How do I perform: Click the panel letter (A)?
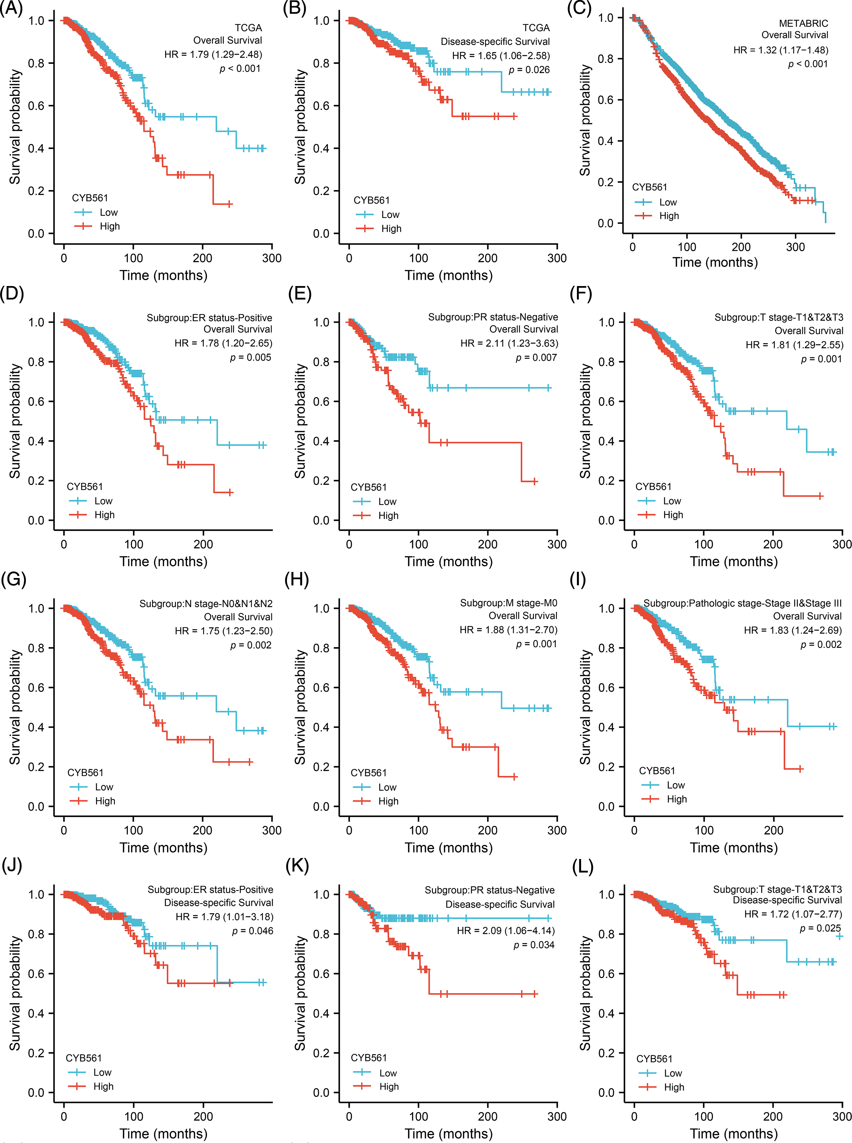[x=11, y=9]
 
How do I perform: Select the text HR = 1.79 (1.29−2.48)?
[x=213, y=54]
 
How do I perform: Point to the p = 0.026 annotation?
[x=529, y=70]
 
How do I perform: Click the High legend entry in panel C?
[x=669, y=216]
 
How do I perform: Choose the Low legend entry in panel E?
[x=387, y=502]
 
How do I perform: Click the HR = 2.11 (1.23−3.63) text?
[x=509, y=343]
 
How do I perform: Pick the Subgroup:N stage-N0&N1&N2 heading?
[x=206, y=603]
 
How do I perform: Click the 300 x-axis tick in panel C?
[x=795, y=247]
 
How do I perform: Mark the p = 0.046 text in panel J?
[x=252, y=931]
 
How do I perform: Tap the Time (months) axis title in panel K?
[x=448, y=1133]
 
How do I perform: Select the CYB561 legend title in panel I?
[x=657, y=771]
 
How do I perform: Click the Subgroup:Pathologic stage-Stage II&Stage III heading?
[x=742, y=603]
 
